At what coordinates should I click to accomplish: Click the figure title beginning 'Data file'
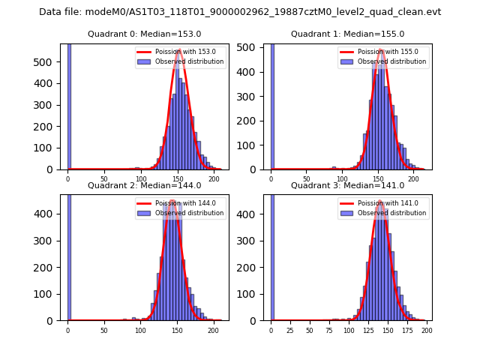coord(240,12)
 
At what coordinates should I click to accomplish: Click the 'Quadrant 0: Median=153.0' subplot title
coord(144,34)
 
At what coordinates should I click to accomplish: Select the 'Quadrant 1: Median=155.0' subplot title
coord(347,34)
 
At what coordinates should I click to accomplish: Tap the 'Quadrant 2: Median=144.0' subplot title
coord(144,185)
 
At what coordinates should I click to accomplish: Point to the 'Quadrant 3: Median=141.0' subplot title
coord(347,185)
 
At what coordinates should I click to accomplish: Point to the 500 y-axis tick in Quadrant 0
coord(48,62)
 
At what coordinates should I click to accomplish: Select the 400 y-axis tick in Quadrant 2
coord(48,214)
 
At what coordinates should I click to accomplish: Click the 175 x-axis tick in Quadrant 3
coord(407,330)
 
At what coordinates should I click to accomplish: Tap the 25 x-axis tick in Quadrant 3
coord(290,330)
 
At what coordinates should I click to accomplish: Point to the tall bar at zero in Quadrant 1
coord(272,105)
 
